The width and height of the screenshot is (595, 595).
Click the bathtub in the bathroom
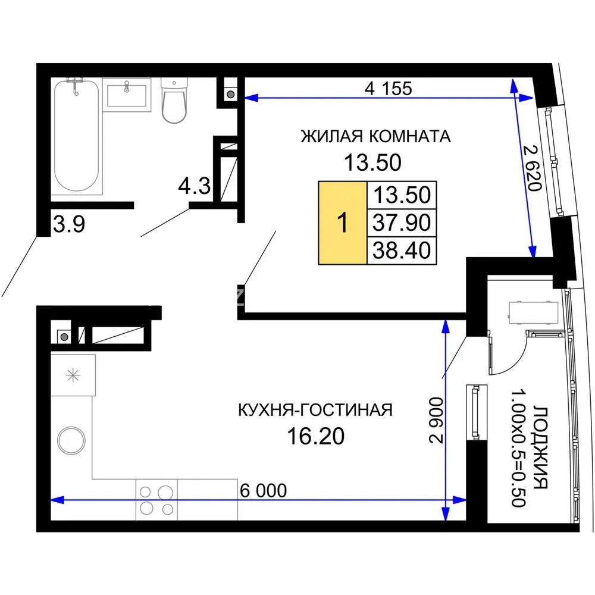point(76,136)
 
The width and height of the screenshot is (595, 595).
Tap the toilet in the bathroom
point(174,100)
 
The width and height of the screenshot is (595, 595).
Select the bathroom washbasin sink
point(127,95)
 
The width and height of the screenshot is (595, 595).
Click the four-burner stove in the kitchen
point(156,500)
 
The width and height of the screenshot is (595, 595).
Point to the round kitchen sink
point(71,440)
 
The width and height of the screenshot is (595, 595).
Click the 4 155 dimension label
point(388,89)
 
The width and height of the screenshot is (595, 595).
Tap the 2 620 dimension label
point(532,168)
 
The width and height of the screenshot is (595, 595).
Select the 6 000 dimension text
point(264,491)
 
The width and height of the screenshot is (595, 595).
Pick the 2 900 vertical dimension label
point(436,420)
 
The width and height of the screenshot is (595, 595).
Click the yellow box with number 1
point(343,223)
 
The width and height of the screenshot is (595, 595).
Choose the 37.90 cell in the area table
point(402,223)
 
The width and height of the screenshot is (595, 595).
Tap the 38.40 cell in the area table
point(402,250)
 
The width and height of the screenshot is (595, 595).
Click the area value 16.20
point(316,436)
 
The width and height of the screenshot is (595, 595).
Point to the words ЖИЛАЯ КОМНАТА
point(375,136)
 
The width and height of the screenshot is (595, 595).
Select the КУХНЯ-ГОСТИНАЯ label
point(315,410)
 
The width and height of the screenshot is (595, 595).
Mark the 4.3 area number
point(195,186)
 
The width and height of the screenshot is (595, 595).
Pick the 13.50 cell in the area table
point(402,195)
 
